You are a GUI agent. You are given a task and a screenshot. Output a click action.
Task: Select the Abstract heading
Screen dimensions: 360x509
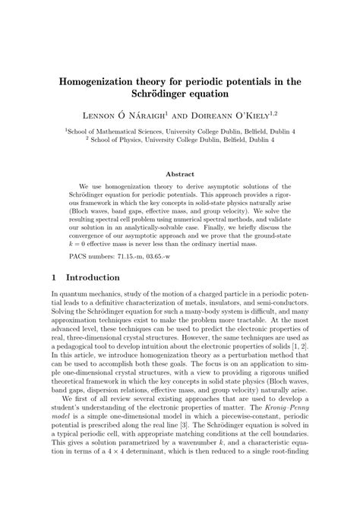coord(179,173)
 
